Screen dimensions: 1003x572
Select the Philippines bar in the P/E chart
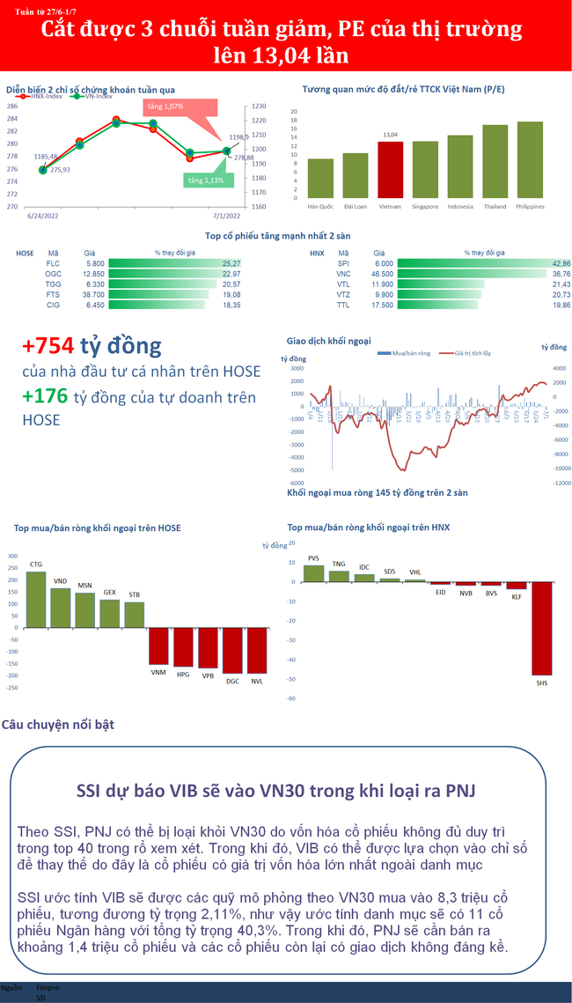530,160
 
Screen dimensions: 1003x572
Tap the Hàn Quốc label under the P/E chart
319,207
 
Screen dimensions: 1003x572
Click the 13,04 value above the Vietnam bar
390,135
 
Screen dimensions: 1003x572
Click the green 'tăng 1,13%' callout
204,180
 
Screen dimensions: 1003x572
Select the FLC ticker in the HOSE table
54,263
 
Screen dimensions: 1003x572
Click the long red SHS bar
540,629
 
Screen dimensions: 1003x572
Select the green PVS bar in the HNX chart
314,573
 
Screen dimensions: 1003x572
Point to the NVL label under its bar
257,680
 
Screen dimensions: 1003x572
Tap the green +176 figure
45,397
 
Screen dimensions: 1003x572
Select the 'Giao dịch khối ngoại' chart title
329,340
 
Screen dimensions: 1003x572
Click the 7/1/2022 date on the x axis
228,214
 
